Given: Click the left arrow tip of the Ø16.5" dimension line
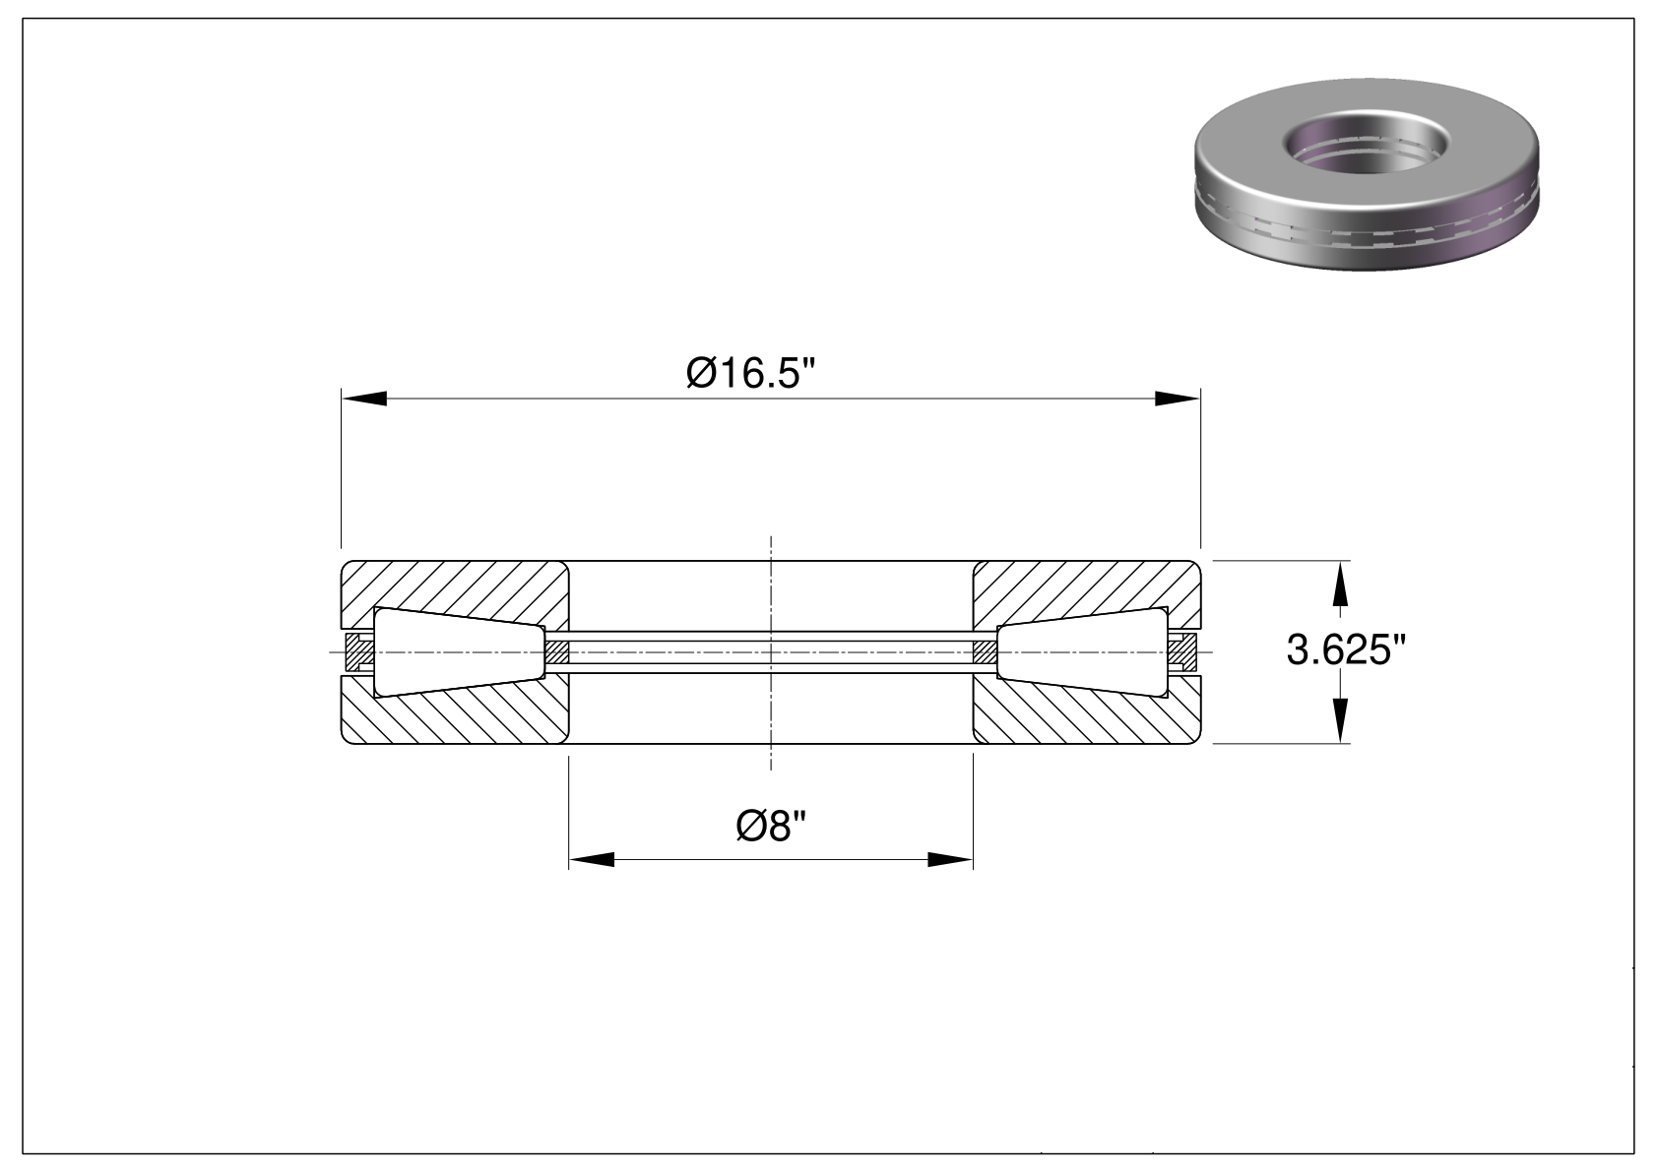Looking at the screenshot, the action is (342, 399).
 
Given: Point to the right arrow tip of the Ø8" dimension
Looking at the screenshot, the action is (973, 860).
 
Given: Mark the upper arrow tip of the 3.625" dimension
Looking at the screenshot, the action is (1340, 561).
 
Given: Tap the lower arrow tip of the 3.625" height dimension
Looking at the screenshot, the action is (1340, 743).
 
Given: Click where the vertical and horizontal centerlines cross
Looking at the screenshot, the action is (771, 651).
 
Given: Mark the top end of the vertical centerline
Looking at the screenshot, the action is (771, 535).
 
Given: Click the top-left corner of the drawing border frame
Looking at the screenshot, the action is (23, 19).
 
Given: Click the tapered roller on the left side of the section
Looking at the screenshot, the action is (460, 651).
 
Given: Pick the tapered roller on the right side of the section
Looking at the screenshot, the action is (1083, 651).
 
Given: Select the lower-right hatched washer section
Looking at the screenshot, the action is (1087, 711).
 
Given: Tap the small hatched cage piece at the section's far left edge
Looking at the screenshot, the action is (360, 651).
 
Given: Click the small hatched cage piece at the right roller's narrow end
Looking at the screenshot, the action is (985, 651).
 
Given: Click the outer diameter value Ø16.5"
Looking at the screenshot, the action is (750, 372).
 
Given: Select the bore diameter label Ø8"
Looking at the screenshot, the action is (771, 826).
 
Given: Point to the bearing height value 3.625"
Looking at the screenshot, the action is (1346, 651).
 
